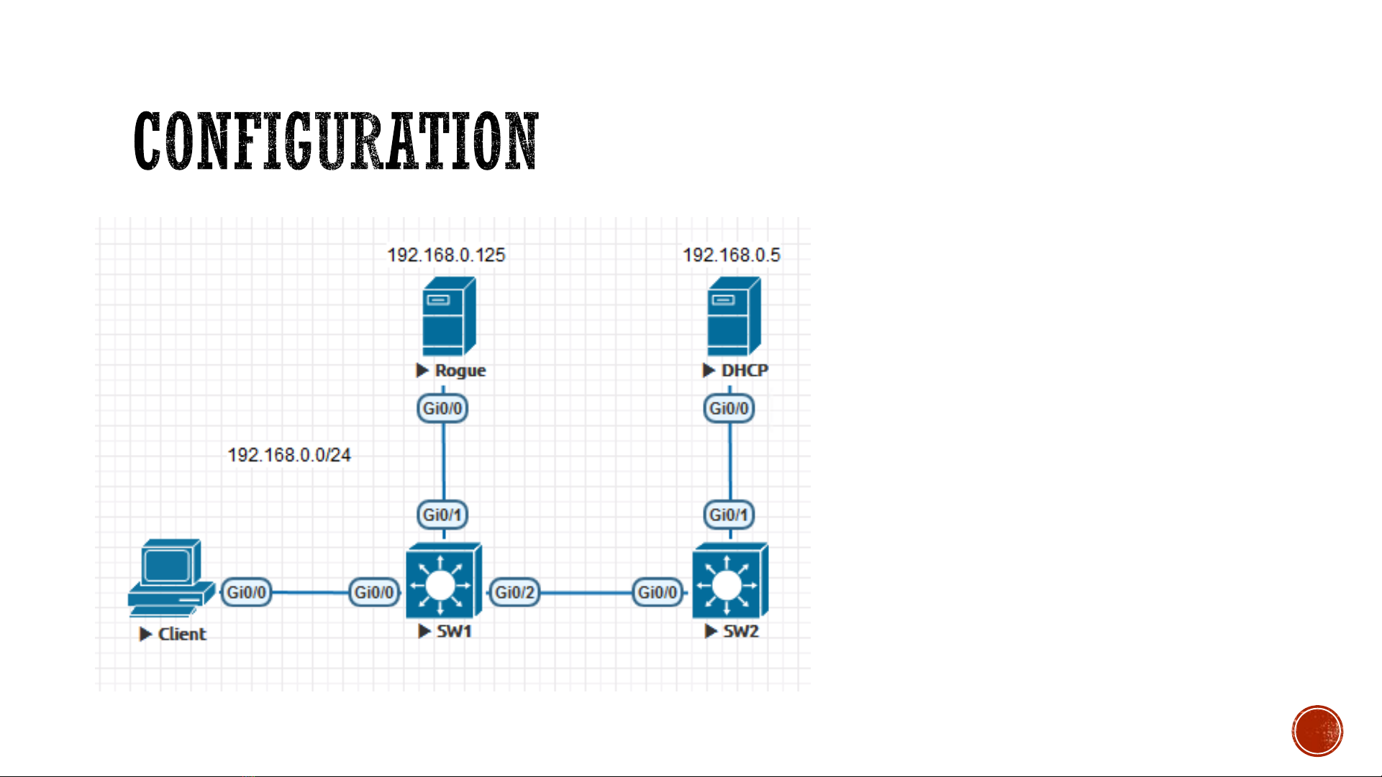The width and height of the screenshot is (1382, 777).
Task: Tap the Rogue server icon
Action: point(449,316)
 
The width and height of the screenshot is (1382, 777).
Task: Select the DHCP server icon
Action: point(734,316)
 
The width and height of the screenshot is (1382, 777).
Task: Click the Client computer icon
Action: point(171,578)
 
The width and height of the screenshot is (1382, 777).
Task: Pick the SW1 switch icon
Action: point(444,581)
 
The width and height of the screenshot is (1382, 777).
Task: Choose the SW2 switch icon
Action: point(730,581)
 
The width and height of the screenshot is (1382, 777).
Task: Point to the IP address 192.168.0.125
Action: point(446,255)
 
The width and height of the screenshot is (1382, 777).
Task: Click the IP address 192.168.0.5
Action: point(731,255)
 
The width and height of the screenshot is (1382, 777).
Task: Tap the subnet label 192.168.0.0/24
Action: point(289,455)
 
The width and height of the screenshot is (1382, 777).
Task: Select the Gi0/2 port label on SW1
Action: point(514,592)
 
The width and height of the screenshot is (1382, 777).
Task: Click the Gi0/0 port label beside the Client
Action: point(246,592)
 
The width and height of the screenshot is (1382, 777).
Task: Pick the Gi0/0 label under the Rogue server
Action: point(442,408)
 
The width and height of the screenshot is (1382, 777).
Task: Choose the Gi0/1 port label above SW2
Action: point(729,515)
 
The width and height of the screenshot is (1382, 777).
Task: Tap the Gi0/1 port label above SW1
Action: point(442,515)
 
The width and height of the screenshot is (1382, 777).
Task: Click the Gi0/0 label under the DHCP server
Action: point(729,408)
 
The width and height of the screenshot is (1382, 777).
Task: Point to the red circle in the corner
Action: point(1317,731)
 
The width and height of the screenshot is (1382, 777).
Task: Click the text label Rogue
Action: point(460,370)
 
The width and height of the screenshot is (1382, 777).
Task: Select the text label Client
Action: point(182,634)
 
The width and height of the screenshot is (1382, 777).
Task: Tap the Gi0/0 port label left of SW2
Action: point(658,592)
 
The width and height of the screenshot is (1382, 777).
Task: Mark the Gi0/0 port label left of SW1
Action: point(374,592)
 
